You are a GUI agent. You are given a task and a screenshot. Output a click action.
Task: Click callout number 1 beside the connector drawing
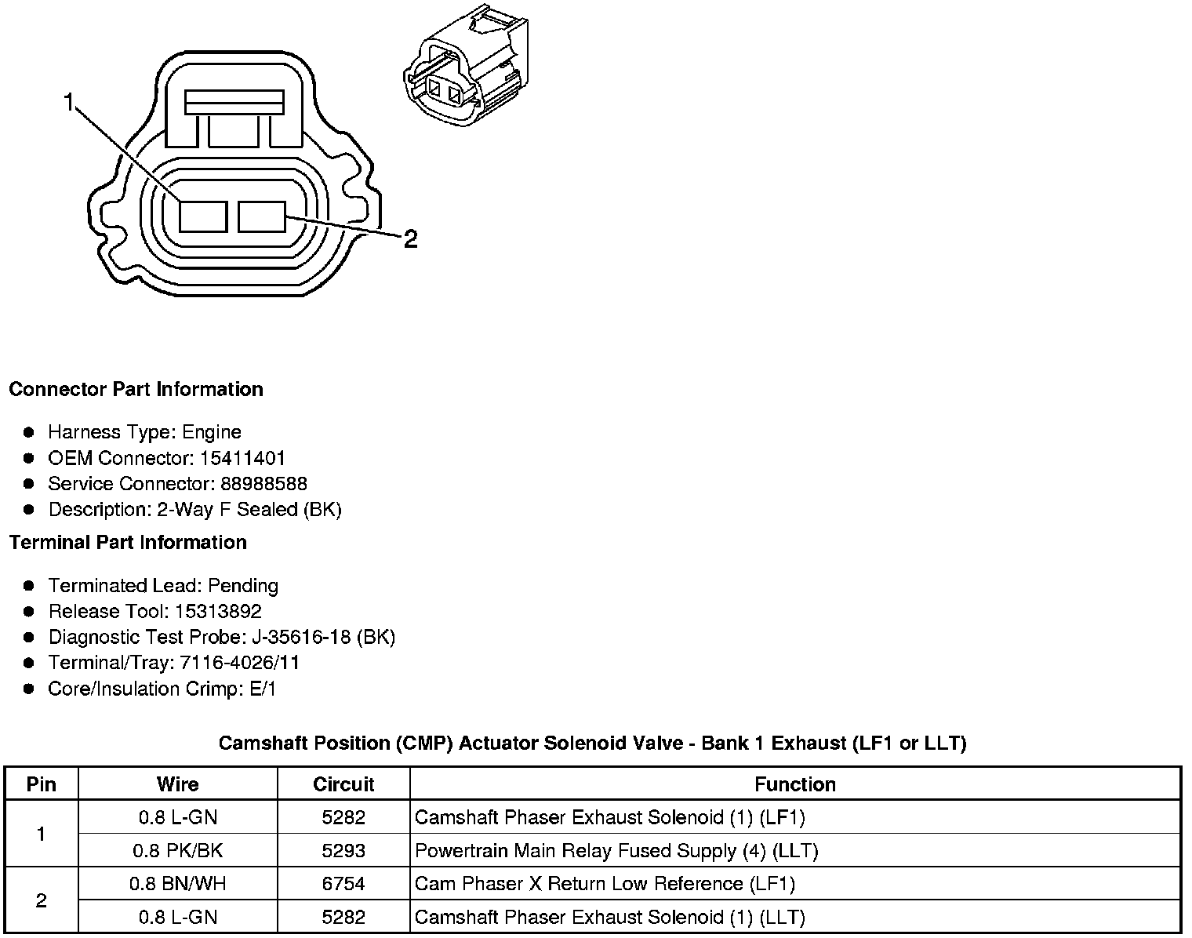coord(70,102)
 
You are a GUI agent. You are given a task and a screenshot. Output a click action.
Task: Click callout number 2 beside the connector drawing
coord(410,238)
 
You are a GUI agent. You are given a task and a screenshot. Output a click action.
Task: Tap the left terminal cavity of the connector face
coord(202,216)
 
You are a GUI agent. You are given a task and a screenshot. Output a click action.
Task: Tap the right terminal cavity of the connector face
coord(262,216)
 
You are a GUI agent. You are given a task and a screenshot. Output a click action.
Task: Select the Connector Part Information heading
coord(136,390)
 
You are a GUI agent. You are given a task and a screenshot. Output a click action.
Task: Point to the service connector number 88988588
coord(263,484)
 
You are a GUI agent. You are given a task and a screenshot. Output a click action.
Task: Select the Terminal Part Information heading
coord(128,543)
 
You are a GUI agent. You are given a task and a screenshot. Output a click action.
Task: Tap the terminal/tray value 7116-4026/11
coord(239,663)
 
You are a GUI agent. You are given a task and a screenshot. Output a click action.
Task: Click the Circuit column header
coord(343,784)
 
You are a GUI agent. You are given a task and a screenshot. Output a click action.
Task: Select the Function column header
coord(794,784)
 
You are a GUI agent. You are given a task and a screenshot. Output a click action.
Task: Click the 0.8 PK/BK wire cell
coord(178,851)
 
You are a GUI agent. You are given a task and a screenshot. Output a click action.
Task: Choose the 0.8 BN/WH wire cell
coord(178,884)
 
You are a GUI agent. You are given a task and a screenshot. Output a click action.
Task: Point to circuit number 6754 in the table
coord(343,884)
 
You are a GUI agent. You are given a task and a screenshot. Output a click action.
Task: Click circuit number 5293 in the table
coord(343,851)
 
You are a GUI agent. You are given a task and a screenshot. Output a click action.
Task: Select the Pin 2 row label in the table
coord(42,900)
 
